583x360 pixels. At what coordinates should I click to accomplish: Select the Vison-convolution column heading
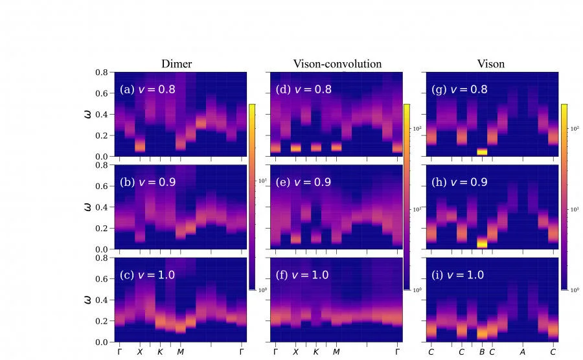[x=337, y=63]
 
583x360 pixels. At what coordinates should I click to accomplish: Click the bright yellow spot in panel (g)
[x=482, y=152]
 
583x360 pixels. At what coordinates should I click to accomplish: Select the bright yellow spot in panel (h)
[x=482, y=243]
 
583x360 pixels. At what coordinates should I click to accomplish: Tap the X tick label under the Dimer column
[x=139, y=352]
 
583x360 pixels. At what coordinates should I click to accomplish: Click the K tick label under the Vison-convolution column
[x=316, y=352]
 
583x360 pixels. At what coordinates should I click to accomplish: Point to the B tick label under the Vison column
[x=482, y=352]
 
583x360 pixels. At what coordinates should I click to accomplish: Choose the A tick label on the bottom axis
[x=523, y=352]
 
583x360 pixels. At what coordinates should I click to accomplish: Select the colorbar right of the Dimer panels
[x=252, y=196]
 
